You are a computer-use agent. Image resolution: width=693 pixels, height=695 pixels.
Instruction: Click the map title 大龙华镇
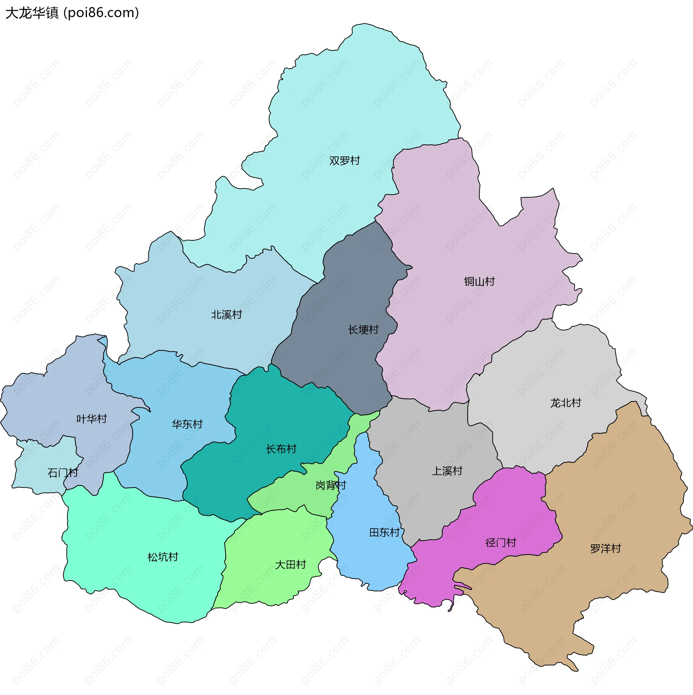(x=32, y=13)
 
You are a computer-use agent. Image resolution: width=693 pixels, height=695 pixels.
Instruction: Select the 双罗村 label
(x=344, y=160)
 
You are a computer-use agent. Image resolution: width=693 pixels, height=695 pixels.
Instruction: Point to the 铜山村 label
(x=479, y=281)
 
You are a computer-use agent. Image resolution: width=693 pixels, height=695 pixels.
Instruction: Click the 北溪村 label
(x=226, y=314)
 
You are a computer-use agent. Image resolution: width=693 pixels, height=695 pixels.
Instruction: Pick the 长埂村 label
(x=363, y=329)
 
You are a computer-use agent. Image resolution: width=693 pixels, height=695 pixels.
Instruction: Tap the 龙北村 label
(x=565, y=403)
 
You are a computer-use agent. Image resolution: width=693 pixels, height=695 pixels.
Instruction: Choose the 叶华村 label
(x=92, y=418)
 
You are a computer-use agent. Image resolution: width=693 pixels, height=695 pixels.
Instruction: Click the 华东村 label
(x=187, y=424)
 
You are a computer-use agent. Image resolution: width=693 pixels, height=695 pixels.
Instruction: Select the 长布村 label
(x=281, y=449)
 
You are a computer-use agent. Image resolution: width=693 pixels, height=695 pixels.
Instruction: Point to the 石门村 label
(x=62, y=473)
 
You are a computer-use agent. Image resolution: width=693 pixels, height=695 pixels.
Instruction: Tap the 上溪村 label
(x=447, y=471)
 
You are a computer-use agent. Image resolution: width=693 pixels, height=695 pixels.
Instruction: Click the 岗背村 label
(x=331, y=485)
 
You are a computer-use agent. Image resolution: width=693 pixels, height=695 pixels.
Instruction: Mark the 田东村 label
(x=384, y=532)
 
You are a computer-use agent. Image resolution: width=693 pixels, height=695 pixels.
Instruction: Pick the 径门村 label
(x=501, y=542)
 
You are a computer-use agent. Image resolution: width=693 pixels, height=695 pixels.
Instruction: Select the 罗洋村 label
(x=605, y=549)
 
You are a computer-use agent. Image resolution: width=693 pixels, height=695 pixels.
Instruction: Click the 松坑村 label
(x=163, y=557)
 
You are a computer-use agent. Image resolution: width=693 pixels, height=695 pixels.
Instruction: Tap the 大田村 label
(x=290, y=565)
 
